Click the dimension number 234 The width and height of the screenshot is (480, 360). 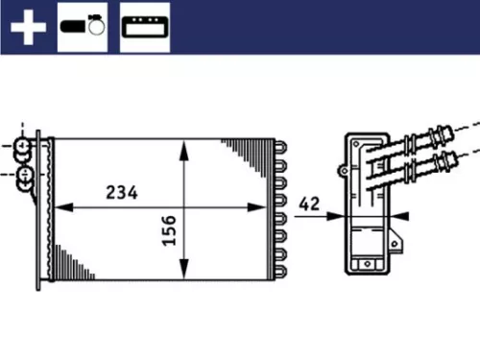[122, 192]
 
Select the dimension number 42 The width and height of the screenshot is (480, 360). [309, 203]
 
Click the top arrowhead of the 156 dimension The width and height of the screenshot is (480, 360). [183, 146]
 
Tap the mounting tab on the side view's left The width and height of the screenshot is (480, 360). [343, 169]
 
